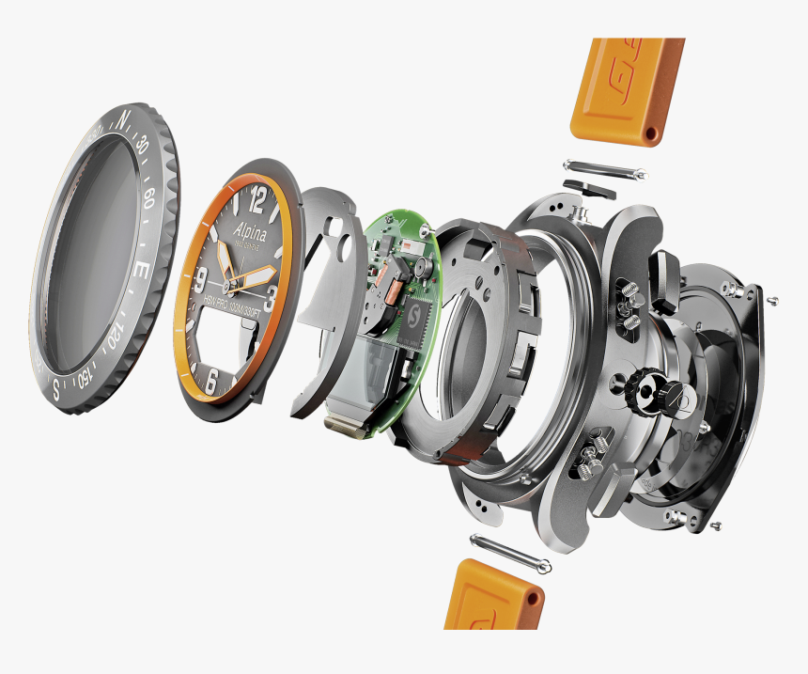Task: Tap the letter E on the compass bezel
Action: point(143,270)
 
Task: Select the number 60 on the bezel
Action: point(148,198)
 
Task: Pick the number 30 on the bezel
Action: point(141,146)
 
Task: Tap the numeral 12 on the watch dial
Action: point(257,198)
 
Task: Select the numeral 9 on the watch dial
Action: point(200,277)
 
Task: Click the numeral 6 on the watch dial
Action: point(211,382)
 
